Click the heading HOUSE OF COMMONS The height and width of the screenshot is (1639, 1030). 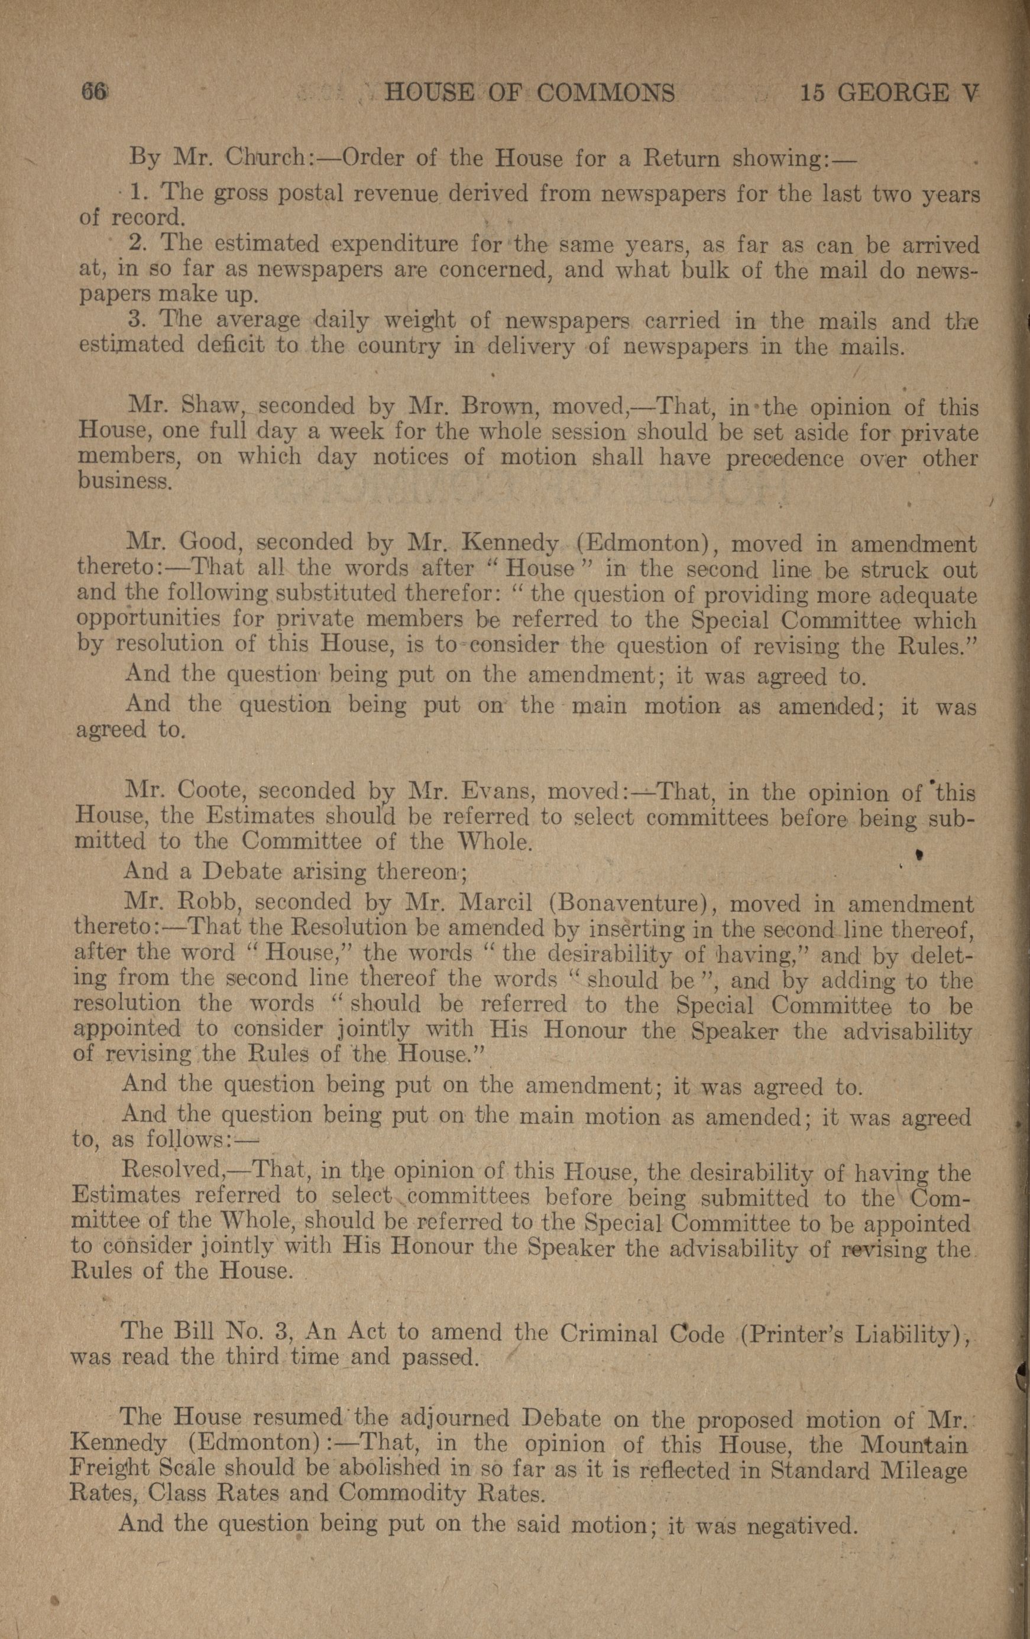(x=529, y=93)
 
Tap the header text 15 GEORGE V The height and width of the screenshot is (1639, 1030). (x=889, y=93)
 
